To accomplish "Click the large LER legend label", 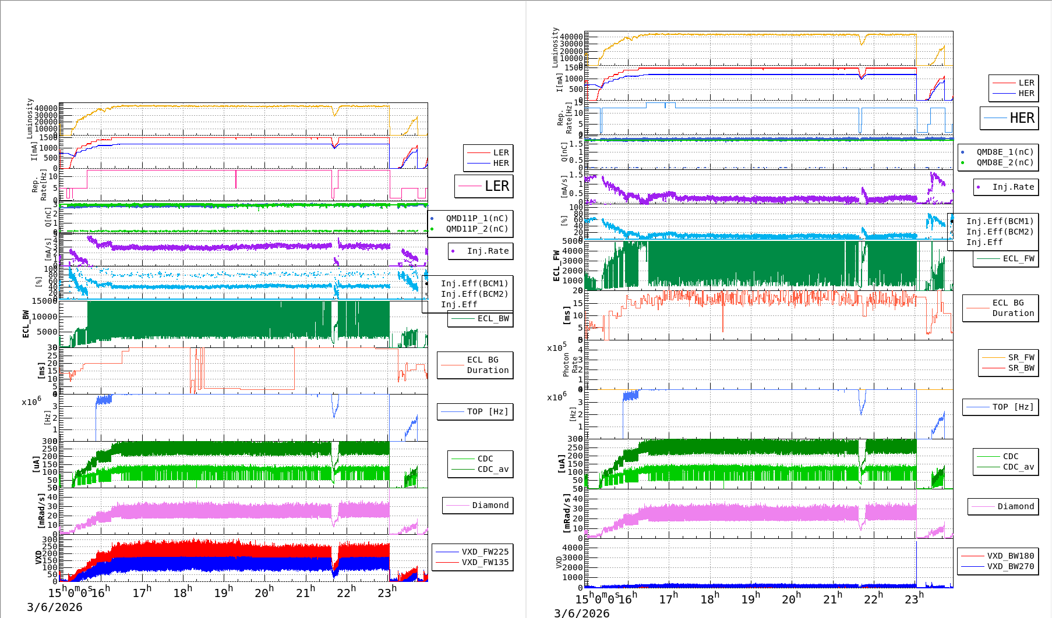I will click(496, 186).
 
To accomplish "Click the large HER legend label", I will click(1022, 118).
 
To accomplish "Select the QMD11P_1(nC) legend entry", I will click(476, 218).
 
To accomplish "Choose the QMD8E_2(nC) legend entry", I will click(1005, 162).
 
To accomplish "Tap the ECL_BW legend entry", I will click(493, 318).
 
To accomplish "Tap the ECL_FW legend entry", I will click(1018, 258).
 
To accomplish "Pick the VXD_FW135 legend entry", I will click(485, 562).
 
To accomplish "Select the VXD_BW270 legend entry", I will click(1010, 566).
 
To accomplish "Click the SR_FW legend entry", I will click(1021, 357).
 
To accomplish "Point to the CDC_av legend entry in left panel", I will click(493, 469).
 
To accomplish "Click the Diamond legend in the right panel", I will click(1015, 506).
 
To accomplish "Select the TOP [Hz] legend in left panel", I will click(487, 411).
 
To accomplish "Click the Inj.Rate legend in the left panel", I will click(488, 251).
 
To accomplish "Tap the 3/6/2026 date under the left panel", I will click(55, 607).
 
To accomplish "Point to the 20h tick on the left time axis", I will click(263, 593).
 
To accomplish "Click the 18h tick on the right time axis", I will click(709, 599).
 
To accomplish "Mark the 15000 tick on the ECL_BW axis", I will click(45, 301).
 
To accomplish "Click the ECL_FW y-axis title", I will click(556, 266).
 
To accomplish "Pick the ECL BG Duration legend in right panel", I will click(1012, 308).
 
